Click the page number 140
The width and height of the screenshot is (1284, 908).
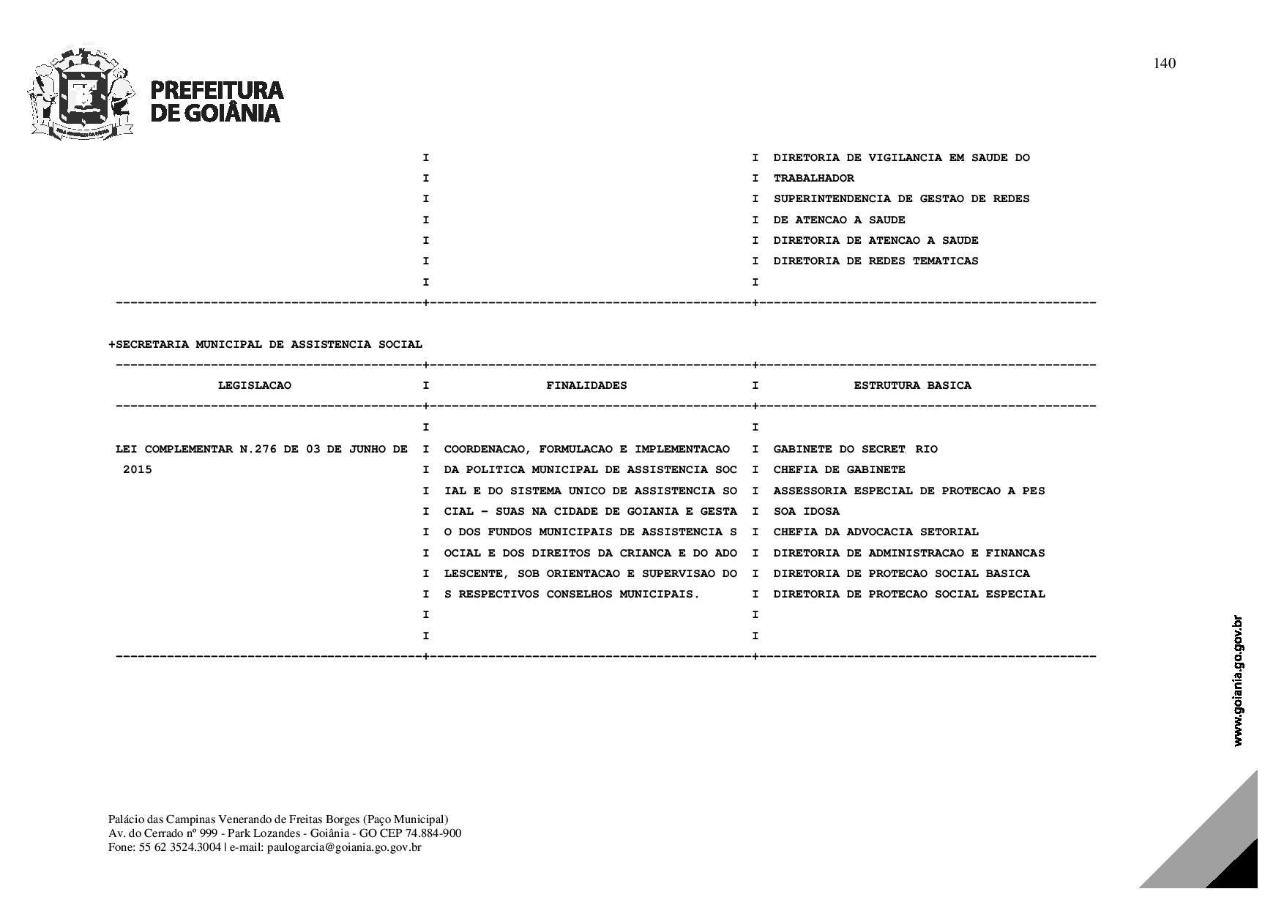pyautogui.click(x=1164, y=64)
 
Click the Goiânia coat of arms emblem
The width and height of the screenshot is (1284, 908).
pyautogui.click(x=82, y=94)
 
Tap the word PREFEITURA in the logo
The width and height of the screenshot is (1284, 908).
pyautogui.click(x=217, y=90)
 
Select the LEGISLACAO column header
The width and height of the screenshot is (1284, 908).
pyautogui.click(x=254, y=385)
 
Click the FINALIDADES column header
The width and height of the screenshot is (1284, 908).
pyautogui.click(x=586, y=385)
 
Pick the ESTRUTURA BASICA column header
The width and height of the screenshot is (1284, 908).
pyautogui.click(x=912, y=385)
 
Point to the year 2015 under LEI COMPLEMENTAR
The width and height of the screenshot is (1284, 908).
pyautogui.click(x=138, y=469)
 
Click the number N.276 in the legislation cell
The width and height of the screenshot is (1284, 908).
pyautogui.click(x=258, y=449)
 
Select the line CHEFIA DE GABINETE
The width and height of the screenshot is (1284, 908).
pyautogui.click(x=839, y=469)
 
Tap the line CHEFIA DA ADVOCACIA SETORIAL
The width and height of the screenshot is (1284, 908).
pyautogui.click(x=876, y=532)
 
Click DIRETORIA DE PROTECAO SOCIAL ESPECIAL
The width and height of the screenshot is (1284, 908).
pyautogui.click(x=908, y=594)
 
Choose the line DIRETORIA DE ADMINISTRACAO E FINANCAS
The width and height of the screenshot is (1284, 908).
pyautogui.click(x=908, y=553)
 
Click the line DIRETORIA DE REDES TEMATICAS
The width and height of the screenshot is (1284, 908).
pyautogui.click(x=876, y=261)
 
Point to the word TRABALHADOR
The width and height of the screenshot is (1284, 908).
pyautogui.click(x=813, y=178)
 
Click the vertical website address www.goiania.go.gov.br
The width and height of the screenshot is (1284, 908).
pyautogui.click(x=1238, y=681)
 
